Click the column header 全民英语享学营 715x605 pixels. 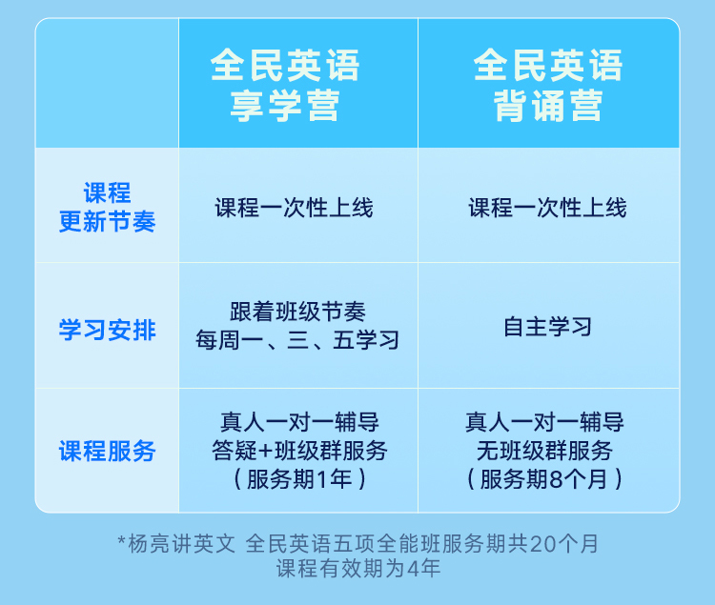tap(285, 85)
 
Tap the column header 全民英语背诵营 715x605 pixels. tap(548, 85)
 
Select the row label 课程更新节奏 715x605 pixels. tap(107, 208)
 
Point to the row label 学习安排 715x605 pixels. tap(107, 330)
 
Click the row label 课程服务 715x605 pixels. tap(107, 451)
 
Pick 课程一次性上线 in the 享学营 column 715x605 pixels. tap(295, 208)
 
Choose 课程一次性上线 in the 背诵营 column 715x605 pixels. tap(547, 208)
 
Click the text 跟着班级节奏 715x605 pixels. tap(297, 313)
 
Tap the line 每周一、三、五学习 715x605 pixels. tap(297, 340)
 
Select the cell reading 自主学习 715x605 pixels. tap(547, 327)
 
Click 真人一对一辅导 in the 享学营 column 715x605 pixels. tap(299, 422)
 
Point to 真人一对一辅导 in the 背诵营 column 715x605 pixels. tap(544, 422)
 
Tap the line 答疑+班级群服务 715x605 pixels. tap(299, 451)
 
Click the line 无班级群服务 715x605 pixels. tap(544, 451)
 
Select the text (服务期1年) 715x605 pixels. tap(299, 479)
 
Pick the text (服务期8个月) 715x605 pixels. tap(544, 479)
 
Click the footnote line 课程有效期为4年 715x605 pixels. tap(358, 569)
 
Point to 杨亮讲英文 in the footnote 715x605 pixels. tap(182, 543)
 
